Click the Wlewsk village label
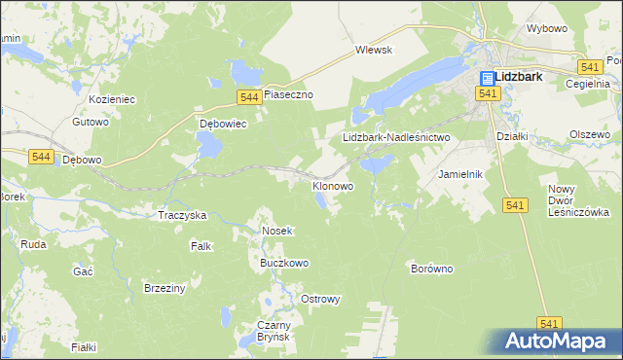pos(373,50)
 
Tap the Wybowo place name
pos(546,29)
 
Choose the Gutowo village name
pos(90,123)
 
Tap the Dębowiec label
pos(224,125)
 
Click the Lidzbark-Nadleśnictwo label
pos(396,138)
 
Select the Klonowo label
pos(332,185)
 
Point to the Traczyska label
pos(182,214)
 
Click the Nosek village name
pos(277,231)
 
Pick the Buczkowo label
pos(283,263)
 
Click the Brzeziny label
pos(165,288)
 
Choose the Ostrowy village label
pos(320,299)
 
